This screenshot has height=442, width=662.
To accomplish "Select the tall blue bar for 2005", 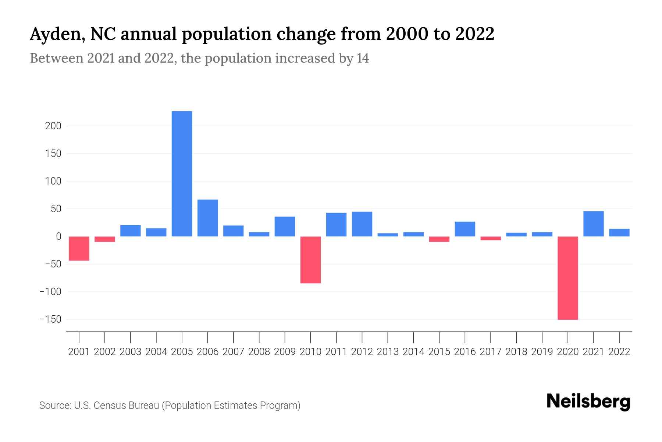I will tap(182, 173).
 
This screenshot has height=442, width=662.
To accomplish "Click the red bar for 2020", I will tap(568, 278).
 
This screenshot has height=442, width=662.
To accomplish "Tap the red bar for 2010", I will tap(310, 260).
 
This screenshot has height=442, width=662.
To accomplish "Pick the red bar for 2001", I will tap(79, 248).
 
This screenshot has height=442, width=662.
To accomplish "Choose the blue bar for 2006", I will tap(208, 218).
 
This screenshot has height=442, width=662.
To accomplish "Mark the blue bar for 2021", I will tap(594, 224).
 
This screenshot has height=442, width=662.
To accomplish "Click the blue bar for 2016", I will tap(465, 229).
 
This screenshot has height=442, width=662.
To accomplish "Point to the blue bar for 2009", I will tap(285, 226).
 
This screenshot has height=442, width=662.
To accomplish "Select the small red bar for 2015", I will tap(439, 239).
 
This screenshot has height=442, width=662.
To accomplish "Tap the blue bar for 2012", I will tap(362, 224).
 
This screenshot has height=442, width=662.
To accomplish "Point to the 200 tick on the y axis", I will tap(53, 126).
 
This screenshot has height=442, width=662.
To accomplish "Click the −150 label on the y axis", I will tap(50, 319).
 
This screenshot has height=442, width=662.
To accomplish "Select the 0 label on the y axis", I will tap(58, 236).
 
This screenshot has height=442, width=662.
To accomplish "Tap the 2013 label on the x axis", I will tap(388, 352).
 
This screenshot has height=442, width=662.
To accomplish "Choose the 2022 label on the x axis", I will tap(619, 352).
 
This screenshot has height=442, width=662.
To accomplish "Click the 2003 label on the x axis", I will tap(131, 352).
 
